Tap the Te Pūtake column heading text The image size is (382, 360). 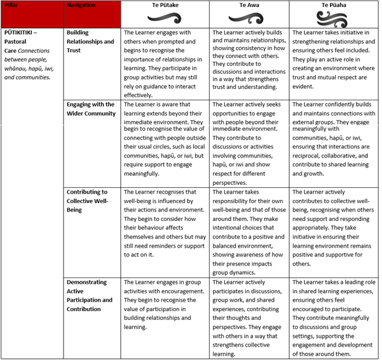(165, 5)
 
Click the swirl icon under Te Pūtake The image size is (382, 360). (165, 18)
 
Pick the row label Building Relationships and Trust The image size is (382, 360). (90, 41)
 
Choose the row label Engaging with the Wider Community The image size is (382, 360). (90, 109)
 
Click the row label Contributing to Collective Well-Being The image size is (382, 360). (87, 201)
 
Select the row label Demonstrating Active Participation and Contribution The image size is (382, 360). (89, 295)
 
